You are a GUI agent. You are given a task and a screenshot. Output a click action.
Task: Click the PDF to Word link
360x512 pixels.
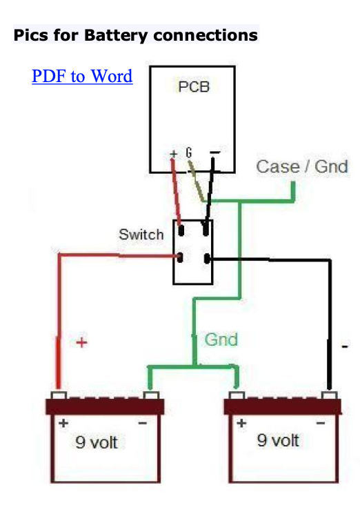coord(82,76)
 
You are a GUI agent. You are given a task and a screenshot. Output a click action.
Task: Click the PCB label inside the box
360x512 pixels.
coord(194,86)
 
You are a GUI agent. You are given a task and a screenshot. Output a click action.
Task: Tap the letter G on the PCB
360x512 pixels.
coord(189,152)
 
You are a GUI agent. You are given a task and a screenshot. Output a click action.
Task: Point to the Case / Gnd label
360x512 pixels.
coord(302,166)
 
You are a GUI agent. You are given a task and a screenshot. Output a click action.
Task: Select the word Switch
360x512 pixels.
coord(141,235)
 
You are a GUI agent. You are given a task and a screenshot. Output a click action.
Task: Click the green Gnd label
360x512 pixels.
coord(221,339)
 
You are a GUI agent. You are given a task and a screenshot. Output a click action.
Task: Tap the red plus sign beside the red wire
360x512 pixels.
coord(81,342)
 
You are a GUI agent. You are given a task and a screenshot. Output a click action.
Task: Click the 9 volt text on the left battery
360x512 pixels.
coord(97,442)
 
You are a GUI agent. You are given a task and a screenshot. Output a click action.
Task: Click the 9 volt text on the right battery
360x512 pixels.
coord(278,440)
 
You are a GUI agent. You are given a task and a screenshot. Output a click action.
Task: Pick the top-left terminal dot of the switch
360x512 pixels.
coord(181,230)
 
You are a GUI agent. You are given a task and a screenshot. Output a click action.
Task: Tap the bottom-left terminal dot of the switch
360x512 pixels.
coord(180,257)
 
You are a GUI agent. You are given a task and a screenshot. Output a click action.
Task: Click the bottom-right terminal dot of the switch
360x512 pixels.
coord(207,259)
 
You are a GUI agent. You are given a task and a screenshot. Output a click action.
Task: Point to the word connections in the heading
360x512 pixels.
coord(206,35)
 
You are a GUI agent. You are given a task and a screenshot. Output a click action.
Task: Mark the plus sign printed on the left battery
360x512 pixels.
coord(63,423)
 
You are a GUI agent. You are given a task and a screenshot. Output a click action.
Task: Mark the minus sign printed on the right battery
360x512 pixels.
coord(321,423)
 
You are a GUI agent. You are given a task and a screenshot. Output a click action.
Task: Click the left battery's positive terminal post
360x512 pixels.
coord(59,395)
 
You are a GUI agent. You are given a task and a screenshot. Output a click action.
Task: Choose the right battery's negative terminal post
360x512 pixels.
coord(330,395)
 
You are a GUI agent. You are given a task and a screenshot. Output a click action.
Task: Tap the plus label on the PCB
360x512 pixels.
coord(174,153)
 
